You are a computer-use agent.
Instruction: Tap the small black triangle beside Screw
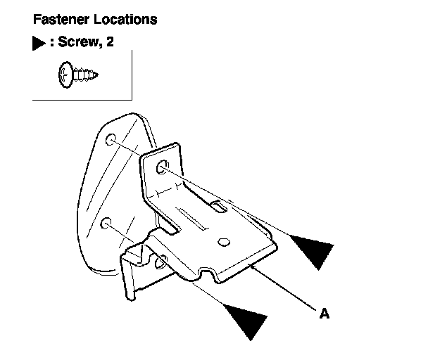coord(39,44)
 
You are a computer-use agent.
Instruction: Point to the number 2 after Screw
coord(110,43)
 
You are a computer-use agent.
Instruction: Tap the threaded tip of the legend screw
coord(93,72)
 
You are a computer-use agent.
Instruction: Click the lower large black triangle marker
coord(246,317)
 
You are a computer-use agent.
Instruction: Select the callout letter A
coord(324,314)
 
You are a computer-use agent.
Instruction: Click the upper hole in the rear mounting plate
coord(111,142)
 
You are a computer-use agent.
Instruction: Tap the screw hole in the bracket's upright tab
coord(163,167)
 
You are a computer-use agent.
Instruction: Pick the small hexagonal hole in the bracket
coord(222,241)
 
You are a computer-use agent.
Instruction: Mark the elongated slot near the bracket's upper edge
coord(218,205)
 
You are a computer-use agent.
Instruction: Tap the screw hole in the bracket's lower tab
coord(161,259)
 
